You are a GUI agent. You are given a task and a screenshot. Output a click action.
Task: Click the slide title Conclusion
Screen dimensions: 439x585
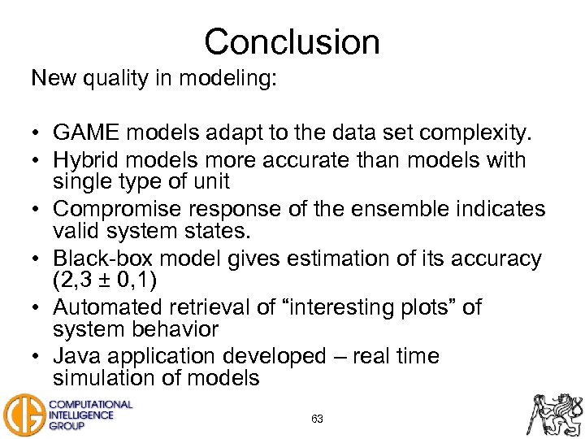[x=292, y=41]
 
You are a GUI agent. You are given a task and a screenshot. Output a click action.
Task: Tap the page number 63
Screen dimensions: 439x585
[x=317, y=419]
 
